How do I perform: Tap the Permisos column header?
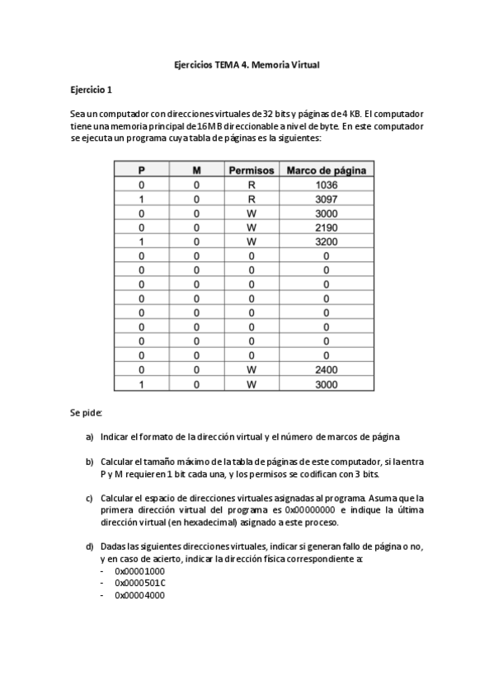tap(251, 170)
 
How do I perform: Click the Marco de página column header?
tap(326, 170)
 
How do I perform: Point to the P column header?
tap(141, 170)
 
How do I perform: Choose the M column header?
tap(196, 170)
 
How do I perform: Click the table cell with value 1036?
tap(326, 185)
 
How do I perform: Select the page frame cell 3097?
tap(326, 199)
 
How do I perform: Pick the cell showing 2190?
tap(326, 228)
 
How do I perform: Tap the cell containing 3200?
tap(326, 242)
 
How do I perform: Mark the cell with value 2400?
tap(326, 370)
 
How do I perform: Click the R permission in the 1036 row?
tap(251, 185)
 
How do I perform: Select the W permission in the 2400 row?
tap(251, 370)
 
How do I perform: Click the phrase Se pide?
tap(86, 411)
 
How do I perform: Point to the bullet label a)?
tap(89, 435)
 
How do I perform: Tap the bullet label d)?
tap(89, 547)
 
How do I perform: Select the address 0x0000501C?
tap(139, 582)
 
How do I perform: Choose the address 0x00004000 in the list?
tap(139, 594)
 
